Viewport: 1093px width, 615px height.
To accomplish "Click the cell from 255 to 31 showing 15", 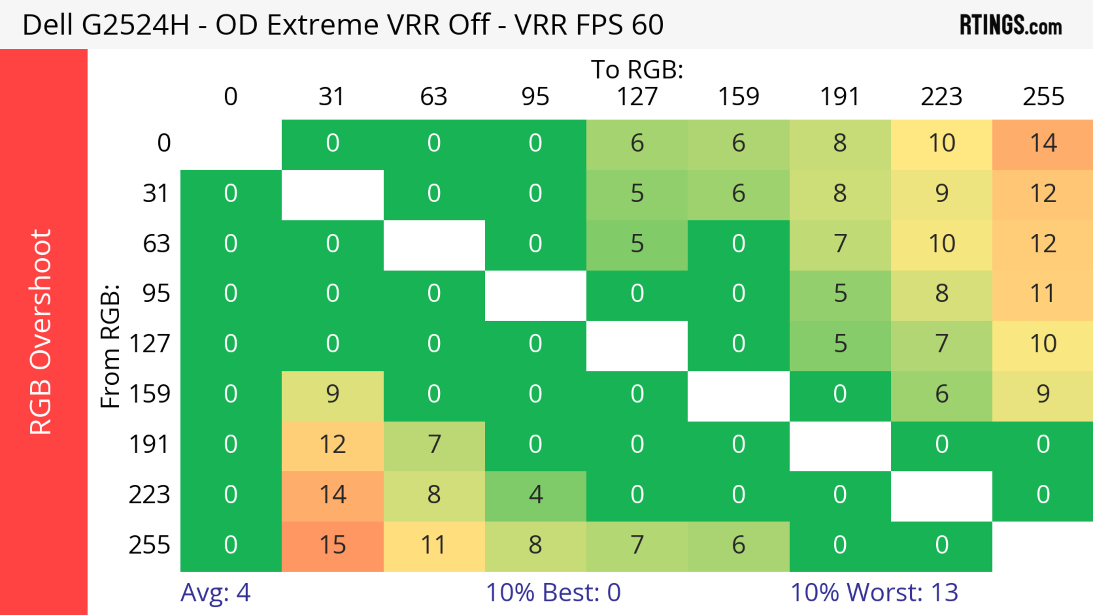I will click(x=333, y=545).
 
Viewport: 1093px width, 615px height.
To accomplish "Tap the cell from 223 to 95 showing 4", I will click(x=535, y=495).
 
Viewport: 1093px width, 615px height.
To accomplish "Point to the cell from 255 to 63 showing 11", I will click(x=433, y=545).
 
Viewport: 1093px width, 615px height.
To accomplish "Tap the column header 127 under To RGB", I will click(x=637, y=97).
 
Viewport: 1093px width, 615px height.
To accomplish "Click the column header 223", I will click(x=942, y=97).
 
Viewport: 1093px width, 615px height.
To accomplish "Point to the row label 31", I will click(x=156, y=194).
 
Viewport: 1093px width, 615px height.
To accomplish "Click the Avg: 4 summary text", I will click(x=215, y=593).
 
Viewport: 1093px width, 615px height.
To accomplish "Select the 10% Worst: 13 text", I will click(x=874, y=593).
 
